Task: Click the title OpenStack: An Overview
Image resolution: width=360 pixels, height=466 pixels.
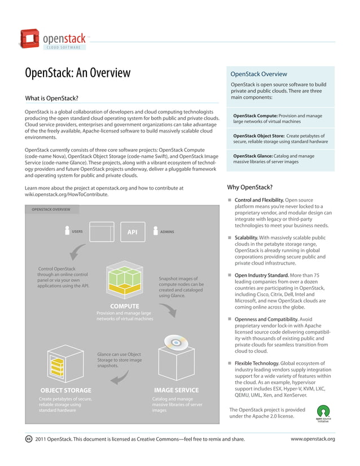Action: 77,73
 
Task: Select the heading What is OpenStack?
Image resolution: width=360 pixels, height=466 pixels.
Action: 51,98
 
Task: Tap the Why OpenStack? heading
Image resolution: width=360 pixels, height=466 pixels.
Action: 249,187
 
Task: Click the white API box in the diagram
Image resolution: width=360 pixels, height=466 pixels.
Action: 132,232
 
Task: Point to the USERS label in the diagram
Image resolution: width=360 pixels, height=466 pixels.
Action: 77,231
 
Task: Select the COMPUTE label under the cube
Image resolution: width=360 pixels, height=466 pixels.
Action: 125,306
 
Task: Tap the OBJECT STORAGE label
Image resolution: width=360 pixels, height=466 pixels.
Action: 65,390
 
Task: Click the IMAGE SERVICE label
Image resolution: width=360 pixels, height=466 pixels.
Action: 176,390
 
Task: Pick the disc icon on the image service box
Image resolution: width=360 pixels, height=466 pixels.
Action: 174,342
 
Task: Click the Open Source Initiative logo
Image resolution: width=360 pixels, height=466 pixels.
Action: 323,415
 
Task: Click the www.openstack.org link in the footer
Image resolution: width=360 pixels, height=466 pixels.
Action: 313,439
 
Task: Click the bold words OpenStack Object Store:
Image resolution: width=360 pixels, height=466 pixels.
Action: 258,136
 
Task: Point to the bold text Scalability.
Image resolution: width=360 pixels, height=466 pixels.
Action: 247,238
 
